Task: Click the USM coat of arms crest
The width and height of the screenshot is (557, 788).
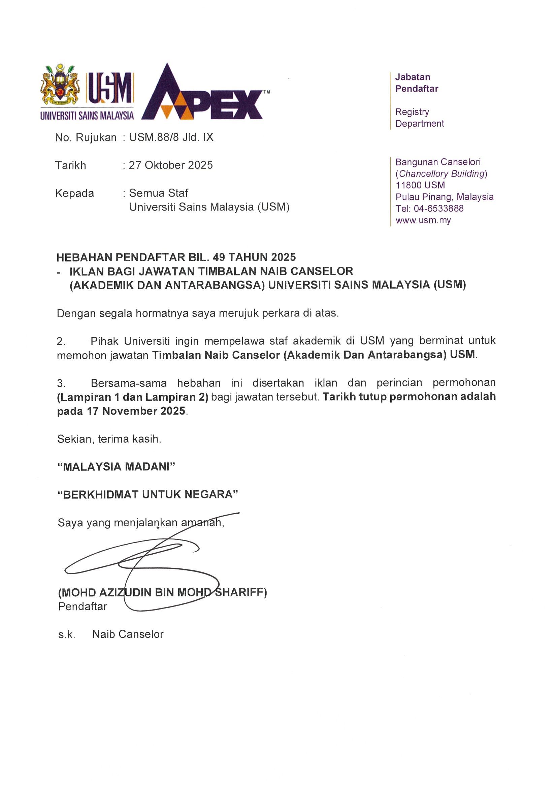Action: tap(60, 85)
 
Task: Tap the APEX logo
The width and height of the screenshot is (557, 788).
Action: tap(202, 94)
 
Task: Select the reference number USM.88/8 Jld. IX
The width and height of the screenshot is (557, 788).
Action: tap(171, 138)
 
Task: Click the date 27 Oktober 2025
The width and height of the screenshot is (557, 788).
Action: tap(170, 165)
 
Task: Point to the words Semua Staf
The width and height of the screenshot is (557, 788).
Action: tap(159, 193)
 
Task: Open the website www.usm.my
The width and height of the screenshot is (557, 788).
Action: tap(423, 220)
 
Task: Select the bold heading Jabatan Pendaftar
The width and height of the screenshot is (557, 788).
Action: tap(416, 83)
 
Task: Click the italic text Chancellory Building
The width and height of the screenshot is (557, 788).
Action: tap(443, 174)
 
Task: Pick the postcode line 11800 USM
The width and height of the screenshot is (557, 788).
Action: tap(420, 185)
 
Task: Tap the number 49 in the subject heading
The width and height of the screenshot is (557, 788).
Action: tap(219, 257)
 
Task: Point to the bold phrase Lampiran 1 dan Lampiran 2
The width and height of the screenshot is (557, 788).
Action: tap(133, 397)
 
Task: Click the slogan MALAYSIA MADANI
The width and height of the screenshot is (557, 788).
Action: tap(116, 467)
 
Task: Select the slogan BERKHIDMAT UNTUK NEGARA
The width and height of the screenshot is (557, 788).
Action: tap(148, 495)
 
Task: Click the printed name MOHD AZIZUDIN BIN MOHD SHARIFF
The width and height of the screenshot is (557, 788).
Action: tap(162, 592)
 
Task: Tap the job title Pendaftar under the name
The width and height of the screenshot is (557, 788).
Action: tap(83, 606)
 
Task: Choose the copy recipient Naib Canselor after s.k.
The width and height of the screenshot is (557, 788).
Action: tap(128, 634)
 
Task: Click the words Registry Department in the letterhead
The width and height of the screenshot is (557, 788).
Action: tap(419, 118)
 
